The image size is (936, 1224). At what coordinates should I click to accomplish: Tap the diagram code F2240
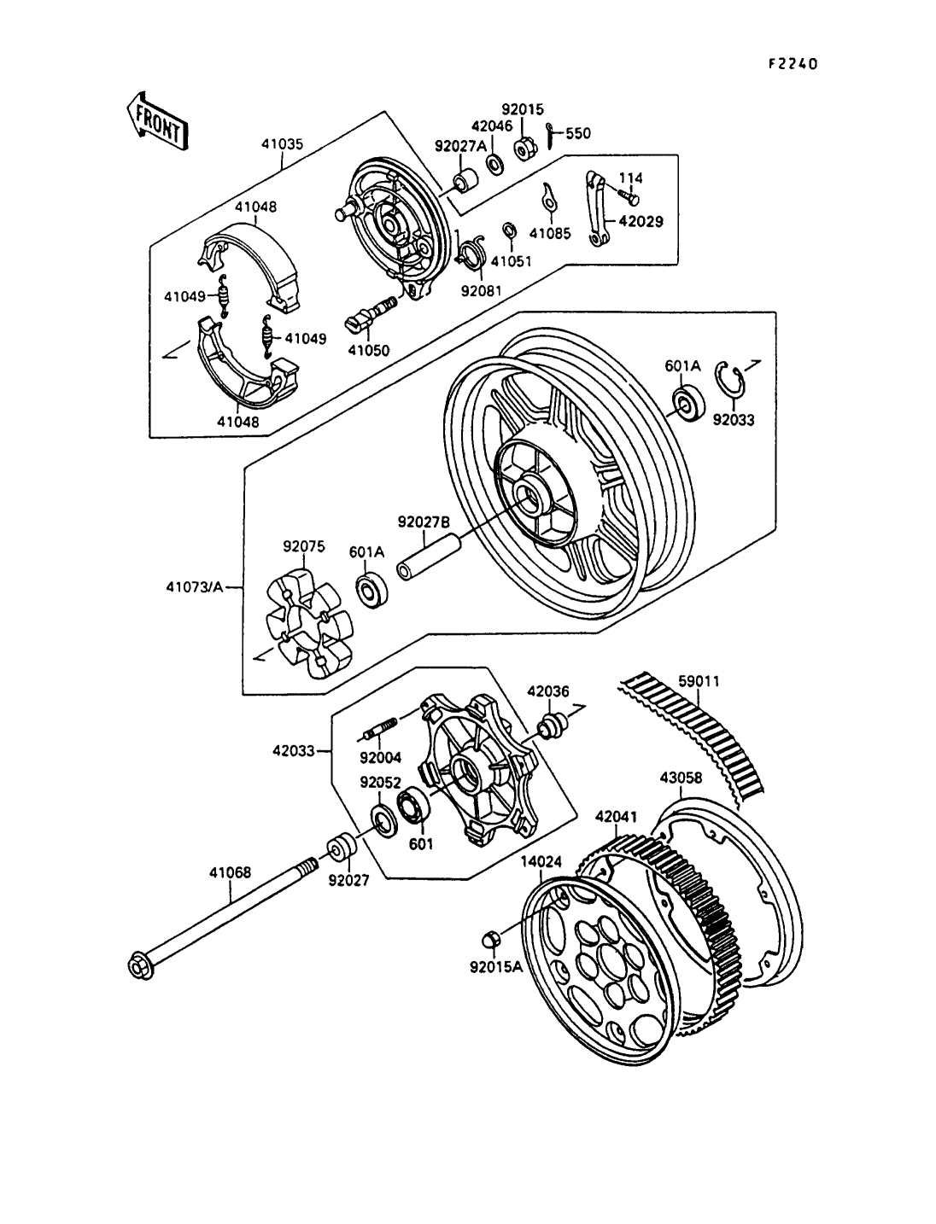pos(793,63)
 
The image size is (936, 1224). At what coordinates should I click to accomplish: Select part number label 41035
pos(282,144)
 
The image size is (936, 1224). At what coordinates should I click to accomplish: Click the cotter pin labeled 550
pos(549,136)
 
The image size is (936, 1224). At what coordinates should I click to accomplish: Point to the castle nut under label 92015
pos(524,150)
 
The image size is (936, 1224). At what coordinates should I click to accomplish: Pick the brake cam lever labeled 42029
pos(597,210)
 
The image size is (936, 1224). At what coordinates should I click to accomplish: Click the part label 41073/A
pos(194,587)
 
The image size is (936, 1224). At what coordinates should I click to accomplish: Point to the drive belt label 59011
pos(699,681)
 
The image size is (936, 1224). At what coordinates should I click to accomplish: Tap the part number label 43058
pos(682,778)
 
